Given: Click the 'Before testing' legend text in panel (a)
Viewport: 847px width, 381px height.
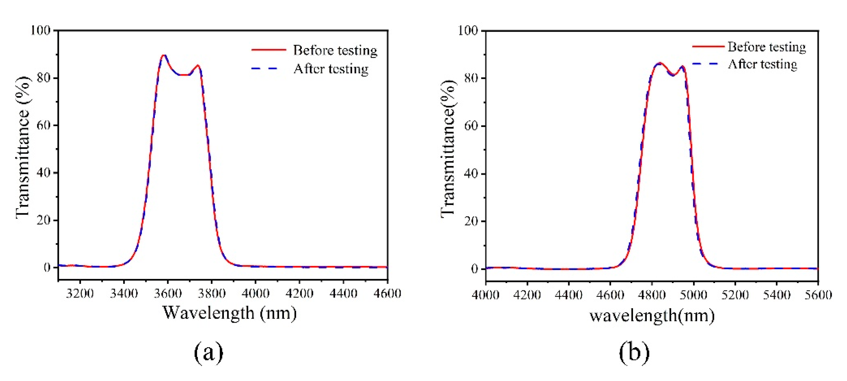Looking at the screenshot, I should (x=335, y=50).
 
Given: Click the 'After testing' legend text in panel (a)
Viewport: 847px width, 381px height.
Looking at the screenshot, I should (x=331, y=69).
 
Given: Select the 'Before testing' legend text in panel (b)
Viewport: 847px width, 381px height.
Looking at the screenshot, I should (x=766, y=47).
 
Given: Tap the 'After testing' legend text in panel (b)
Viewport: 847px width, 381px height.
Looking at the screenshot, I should (x=762, y=64).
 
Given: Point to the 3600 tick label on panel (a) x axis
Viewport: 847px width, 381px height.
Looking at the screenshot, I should (x=168, y=293).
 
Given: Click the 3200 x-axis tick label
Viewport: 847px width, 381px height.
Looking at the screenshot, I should (x=79, y=293).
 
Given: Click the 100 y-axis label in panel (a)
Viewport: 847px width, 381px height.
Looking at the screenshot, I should (x=40, y=30).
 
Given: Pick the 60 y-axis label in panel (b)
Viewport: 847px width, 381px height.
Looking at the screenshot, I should (x=471, y=126).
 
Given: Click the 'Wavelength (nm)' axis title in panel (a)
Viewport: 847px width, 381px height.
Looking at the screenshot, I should (x=230, y=313).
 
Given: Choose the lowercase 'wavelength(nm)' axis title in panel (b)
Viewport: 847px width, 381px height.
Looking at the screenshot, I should (x=652, y=316).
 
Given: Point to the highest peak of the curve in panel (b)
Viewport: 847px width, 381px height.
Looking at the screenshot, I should (x=659, y=63).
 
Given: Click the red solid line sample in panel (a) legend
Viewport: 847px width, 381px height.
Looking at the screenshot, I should (x=269, y=50).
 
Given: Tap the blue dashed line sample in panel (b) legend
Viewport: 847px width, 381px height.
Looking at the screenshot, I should (x=707, y=64).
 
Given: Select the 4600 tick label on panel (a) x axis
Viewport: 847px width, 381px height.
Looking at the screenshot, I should (x=387, y=293).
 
